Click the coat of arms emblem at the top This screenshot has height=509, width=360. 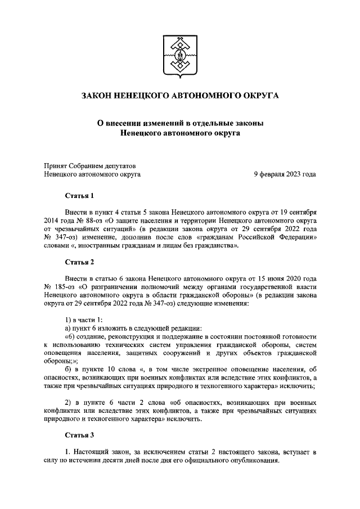[x=180, y=56]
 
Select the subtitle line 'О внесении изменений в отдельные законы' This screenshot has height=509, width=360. [x=180, y=123]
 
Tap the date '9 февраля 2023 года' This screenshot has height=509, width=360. [x=285, y=174]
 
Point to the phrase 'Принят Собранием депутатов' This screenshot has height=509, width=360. [x=90, y=165]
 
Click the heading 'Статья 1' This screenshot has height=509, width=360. [x=79, y=196]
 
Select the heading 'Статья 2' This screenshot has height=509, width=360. [x=79, y=262]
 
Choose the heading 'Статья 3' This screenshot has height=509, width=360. [x=79, y=435]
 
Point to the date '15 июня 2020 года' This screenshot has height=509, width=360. [x=285, y=278]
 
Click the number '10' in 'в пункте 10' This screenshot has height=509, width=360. [x=120, y=369]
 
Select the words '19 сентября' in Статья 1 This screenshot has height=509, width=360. [x=296, y=212]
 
